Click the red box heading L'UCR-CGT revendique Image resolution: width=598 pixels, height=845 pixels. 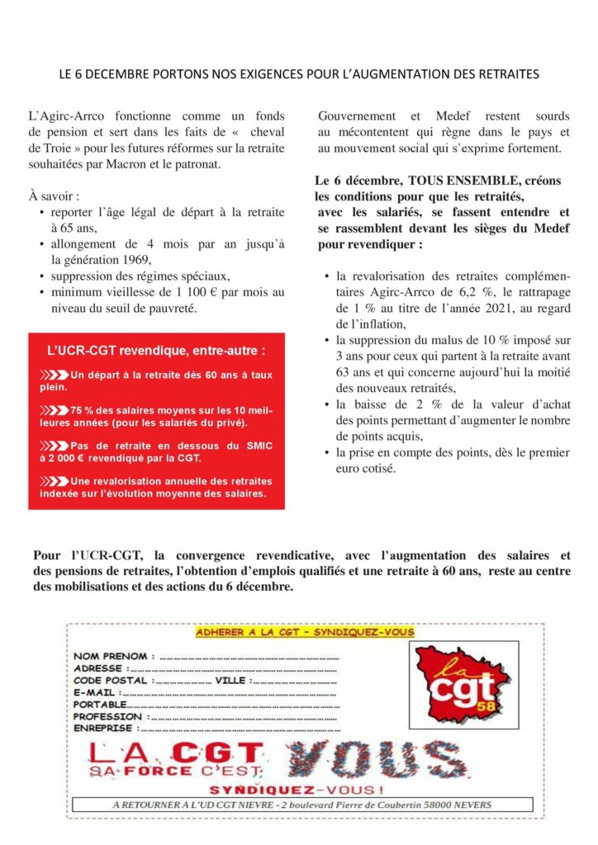[156, 351]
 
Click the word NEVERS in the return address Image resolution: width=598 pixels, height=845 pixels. [466, 805]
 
